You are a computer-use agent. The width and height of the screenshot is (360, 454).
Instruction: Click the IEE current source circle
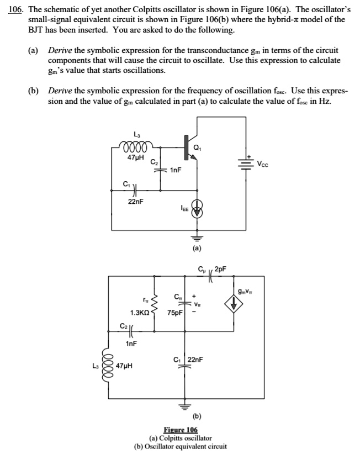(195, 209)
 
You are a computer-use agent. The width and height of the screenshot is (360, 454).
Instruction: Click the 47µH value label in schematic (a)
(135, 158)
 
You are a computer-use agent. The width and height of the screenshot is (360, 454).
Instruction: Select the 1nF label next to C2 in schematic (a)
(176, 170)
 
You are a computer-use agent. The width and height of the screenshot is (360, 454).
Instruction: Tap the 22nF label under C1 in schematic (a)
(136, 202)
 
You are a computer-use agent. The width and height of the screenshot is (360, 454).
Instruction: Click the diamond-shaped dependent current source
(234, 304)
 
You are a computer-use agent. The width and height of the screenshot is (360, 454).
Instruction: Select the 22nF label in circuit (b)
(196, 360)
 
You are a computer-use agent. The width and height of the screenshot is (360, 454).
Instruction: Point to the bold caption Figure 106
(181, 430)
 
